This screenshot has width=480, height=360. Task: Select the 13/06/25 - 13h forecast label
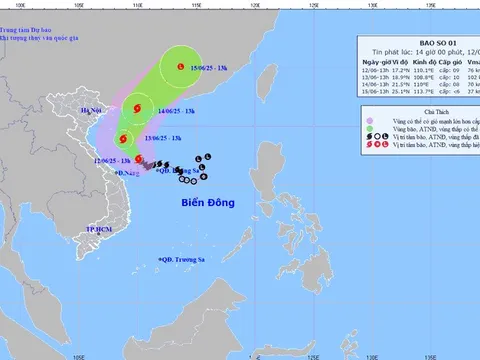pos(164,138)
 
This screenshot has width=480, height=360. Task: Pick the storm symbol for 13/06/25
pos(124,140)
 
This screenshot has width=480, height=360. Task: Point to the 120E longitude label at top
pos(255,5)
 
